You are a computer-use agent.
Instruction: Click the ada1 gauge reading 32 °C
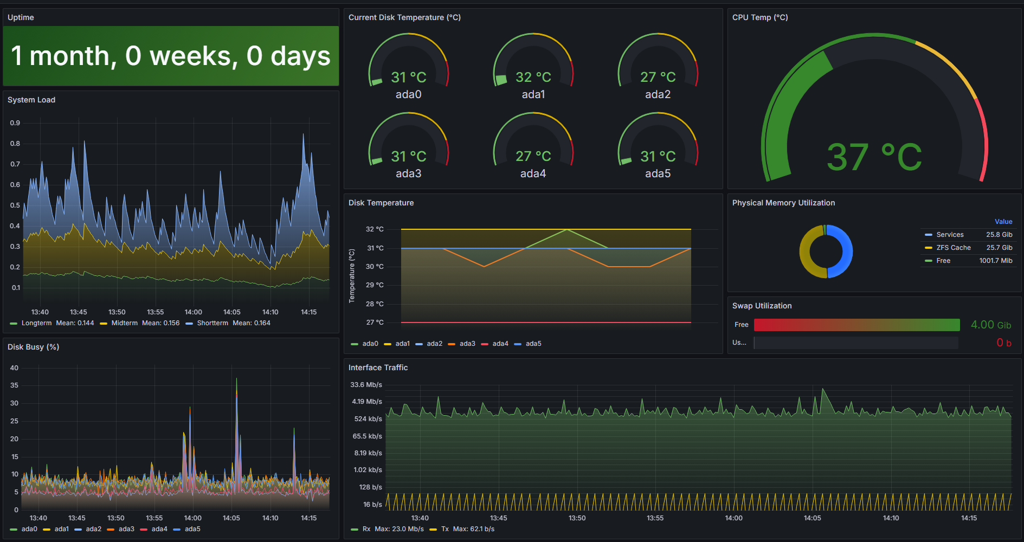click(533, 78)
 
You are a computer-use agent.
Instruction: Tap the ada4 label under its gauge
click(533, 173)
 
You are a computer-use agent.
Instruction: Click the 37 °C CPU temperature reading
click(874, 157)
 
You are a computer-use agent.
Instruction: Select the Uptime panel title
click(21, 17)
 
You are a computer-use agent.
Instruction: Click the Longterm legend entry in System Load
click(36, 323)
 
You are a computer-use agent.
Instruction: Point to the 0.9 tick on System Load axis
click(15, 123)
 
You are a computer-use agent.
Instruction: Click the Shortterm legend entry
click(212, 323)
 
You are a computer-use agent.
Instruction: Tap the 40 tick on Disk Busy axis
click(14, 368)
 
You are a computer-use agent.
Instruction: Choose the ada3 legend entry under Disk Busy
click(126, 529)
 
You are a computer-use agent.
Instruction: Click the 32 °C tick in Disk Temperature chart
click(375, 229)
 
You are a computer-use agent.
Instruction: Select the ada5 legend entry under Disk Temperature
click(533, 344)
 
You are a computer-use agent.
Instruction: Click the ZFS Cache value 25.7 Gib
click(1000, 248)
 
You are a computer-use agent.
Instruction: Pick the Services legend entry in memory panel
click(950, 235)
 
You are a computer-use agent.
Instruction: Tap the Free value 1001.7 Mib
click(996, 261)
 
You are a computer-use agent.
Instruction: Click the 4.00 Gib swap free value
click(991, 325)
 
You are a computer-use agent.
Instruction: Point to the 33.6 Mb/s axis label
click(366, 385)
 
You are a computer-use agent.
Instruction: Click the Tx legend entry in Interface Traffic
click(445, 529)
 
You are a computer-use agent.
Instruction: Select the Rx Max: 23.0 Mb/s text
click(393, 529)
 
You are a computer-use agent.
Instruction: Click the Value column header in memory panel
click(1003, 222)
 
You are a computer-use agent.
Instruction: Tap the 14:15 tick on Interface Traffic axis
click(969, 518)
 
